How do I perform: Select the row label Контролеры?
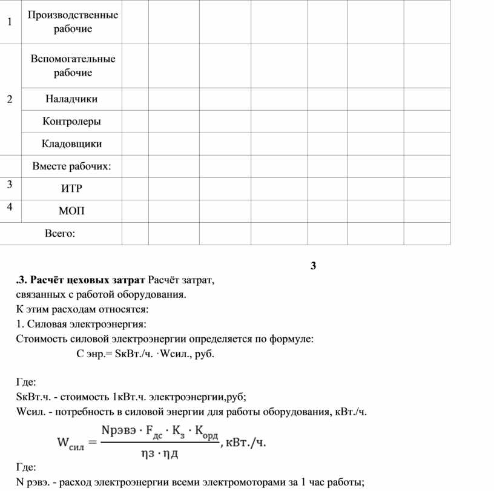(x=71, y=121)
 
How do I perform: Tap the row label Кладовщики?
(x=71, y=144)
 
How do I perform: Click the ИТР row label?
(x=71, y=189)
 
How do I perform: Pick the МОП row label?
(x=71, y=211)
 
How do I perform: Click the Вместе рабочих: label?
(x=71, y=166)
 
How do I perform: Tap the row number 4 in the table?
(x=9, y=207)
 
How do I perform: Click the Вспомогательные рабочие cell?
(x=71, y=65)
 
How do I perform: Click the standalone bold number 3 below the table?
(x=313, y=266)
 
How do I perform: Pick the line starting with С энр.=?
(x=145, y=354)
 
